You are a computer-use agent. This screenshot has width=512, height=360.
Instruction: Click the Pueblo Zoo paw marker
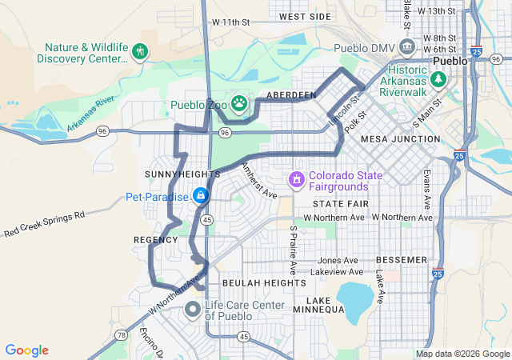239,102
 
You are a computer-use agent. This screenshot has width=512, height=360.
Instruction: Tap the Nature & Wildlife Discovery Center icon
141,53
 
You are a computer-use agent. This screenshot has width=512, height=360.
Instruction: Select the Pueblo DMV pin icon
407,47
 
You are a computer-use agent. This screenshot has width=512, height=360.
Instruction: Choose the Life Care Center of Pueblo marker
193,309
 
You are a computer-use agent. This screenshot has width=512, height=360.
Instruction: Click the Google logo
26,350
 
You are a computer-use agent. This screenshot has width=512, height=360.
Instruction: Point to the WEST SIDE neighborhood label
305,17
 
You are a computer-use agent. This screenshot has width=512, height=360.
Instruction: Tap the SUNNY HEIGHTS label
182,174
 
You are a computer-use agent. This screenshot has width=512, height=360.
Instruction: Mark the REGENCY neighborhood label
155,240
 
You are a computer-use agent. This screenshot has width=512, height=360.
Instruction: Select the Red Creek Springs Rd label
44,225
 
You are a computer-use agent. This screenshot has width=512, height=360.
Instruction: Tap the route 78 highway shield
120,335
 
